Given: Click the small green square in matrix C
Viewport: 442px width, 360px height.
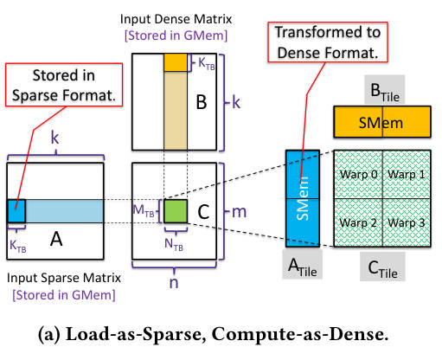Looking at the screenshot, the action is [x=176, y=211].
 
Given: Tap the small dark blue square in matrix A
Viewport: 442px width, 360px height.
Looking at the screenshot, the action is [x=16, y=211].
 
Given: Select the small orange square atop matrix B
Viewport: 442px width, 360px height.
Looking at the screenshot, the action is [x=176, y=62].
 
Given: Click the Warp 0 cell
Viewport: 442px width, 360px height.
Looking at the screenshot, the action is [x=358, y=174].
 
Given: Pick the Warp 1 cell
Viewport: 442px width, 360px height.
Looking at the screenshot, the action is [x=407, y=174].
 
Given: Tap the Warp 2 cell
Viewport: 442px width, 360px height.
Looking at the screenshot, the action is [x=358, y=222].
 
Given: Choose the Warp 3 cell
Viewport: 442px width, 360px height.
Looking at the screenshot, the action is [x=407, y=222].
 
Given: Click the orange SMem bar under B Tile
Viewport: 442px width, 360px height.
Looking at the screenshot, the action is [x=382, y=122].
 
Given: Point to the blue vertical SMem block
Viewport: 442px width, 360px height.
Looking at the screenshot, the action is [x=303, y=198].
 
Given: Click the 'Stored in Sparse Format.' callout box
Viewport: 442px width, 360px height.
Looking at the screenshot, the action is [x=64, y=85].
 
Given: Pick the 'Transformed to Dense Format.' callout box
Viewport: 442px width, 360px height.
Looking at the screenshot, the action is [x=328, y=42].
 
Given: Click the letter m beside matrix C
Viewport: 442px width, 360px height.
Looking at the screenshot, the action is [x=240, y=212].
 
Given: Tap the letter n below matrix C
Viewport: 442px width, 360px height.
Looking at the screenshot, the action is [x=174, y=283].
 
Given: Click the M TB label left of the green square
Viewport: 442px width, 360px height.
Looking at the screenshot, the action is [x=144, y=210].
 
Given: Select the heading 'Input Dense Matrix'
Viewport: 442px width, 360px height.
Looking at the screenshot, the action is [x=176, y=19].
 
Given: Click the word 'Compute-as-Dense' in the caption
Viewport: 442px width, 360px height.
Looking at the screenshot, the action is [x=300, y=334].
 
